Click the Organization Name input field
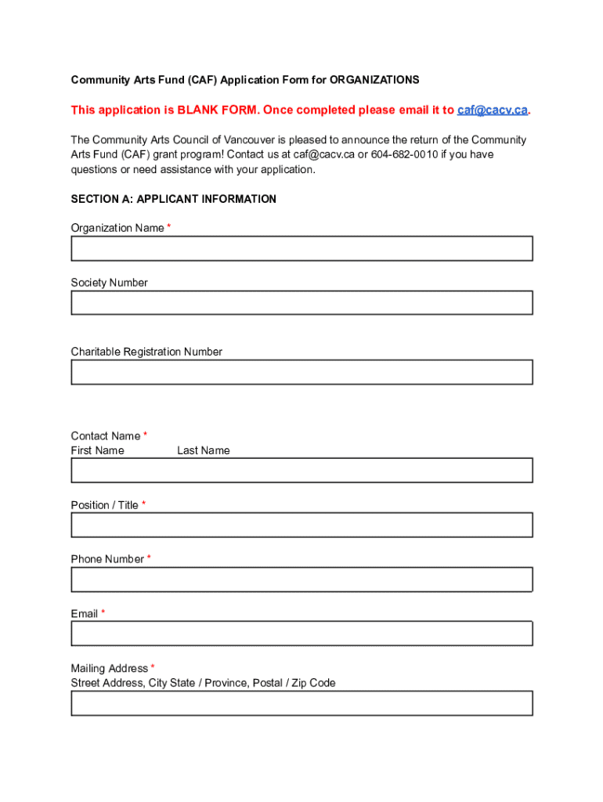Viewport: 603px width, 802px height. click(x=301, y=248)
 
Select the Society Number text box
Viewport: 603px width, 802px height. click(x=301, y=302)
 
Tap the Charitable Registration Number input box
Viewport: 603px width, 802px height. click(x=301, y=372)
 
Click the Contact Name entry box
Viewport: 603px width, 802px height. click(x=301, y=470)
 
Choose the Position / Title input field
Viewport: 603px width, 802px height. click(x=301, y=525)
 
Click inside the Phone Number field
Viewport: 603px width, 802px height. click(x=301, y=580)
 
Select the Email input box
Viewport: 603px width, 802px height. click(x=301, y=634)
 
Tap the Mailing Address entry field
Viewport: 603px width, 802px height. click(x=301, y=703)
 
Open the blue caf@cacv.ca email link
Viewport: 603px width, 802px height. click(x=492, y=110)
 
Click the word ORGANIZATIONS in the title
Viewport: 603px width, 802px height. click(x=374, y=80)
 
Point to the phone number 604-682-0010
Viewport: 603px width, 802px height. click(x=404, y=154)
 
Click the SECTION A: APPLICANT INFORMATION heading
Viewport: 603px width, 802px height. click(x=173, y=199)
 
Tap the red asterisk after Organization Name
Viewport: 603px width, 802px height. click(x=169, y=227)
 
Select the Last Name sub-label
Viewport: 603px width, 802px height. click(x=203, y=450)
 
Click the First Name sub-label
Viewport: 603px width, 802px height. click(x=97, y=450)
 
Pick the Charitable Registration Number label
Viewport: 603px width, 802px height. click(x=146, y=352)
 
